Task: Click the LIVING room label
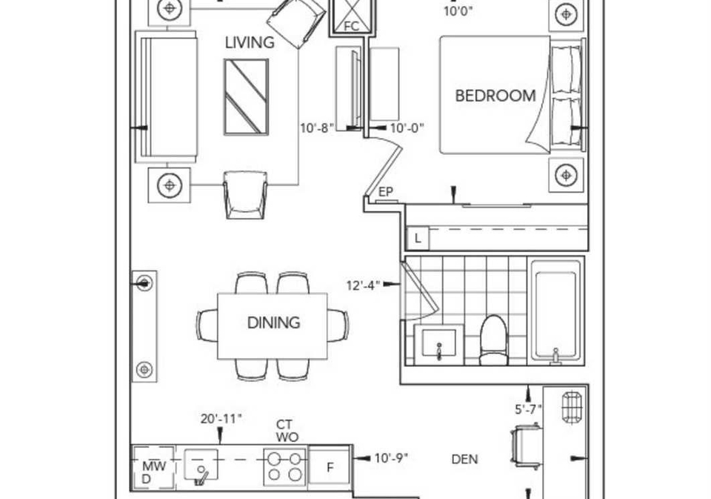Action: point(250,42)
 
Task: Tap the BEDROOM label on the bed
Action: point(495,96)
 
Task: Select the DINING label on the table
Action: point(273,323)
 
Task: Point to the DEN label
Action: point(465,460)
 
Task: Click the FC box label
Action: point(351,27)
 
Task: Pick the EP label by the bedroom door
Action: point(385,192)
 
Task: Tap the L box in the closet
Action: point(418,238)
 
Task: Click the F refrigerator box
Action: point(330,467)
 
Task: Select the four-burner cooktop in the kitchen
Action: point(284,467)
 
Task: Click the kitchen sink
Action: point(201,466)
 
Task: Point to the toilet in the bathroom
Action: point(493,340)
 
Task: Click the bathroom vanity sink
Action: point(438,344)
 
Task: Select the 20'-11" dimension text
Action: point(221,419)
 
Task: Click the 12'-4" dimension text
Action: point(363,285)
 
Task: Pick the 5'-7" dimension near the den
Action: point(528,409)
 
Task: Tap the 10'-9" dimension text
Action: point(391,458)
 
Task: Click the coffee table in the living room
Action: point(246,97)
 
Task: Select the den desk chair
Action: point(526,447)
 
